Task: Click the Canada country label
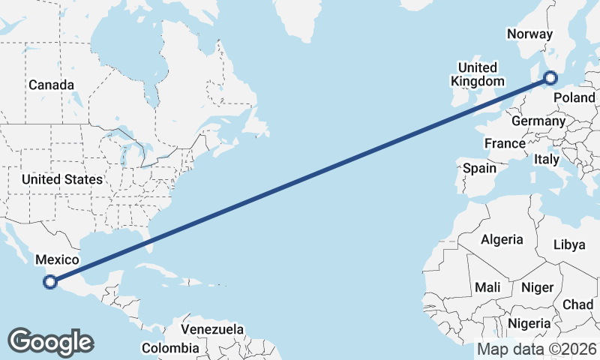point(51,85)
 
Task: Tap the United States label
point(61,179)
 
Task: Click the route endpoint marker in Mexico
point(50,282)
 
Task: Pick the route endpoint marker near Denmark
point(550,77)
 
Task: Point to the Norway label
point(529,34)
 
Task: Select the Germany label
point(538,121)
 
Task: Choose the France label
point(505,143)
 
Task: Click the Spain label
point(479,168)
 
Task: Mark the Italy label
point(546,159)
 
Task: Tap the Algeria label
point(502,239)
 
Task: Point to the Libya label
point(568,244)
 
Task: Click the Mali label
point(487,286)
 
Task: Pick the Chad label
point(577,304)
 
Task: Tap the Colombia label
point(171,348)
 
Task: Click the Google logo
point(50,342)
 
